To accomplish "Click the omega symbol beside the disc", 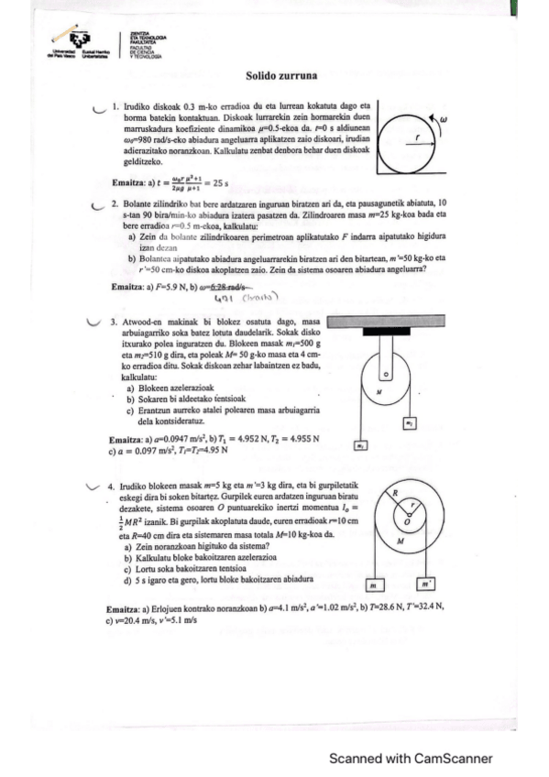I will pos(443,119).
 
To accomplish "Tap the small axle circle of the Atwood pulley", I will pos(385,374).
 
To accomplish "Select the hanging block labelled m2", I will pos(362,446).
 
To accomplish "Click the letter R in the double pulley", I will pos(394,494).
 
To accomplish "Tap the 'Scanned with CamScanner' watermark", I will pos(411,758).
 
